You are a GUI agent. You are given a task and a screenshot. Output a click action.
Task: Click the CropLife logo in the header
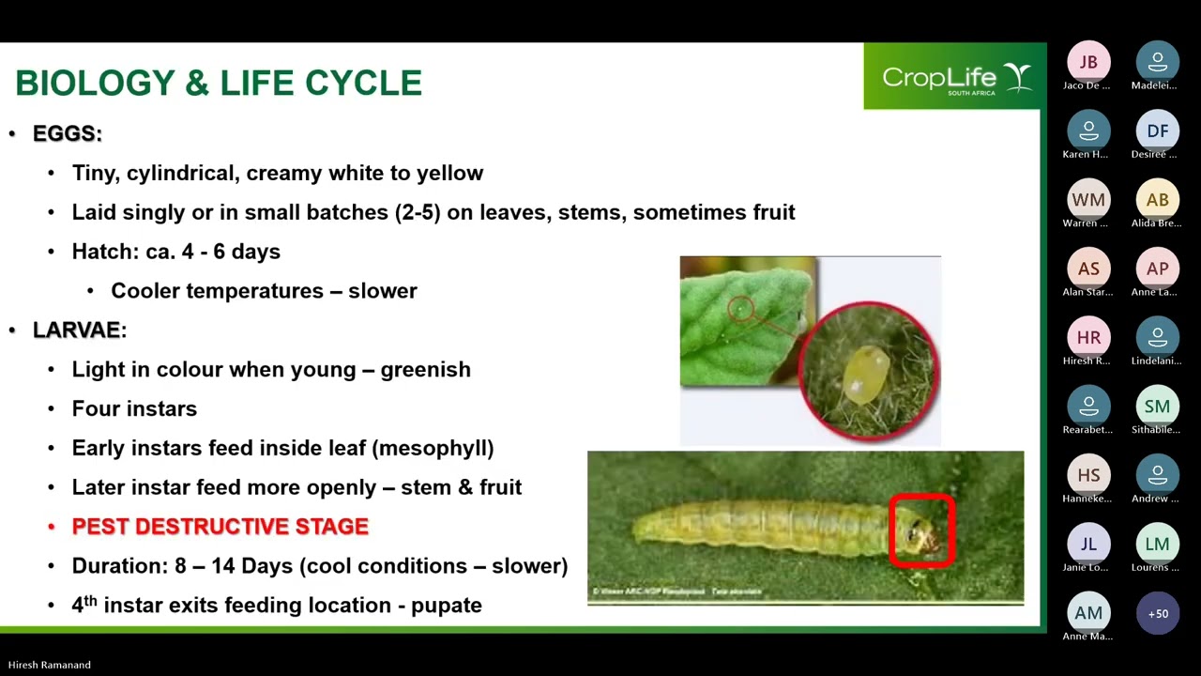(x=955, y=77)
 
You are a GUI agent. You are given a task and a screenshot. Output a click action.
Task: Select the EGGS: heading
(x=68, y=133)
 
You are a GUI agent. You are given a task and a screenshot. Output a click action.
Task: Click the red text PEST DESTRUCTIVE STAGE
(x=220, y=527)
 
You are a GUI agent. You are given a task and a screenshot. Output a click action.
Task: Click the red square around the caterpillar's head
(x=922, y=531)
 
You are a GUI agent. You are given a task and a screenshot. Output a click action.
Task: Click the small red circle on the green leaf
(x=740, y=308)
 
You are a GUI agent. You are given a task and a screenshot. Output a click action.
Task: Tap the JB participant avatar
(x=1088, y=62)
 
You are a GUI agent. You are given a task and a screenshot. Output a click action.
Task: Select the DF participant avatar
(x=1157, y=131)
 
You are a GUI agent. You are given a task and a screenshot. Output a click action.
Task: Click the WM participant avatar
(x=1088, y=200)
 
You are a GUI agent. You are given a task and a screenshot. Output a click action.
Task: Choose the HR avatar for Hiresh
(x=1088, y=338)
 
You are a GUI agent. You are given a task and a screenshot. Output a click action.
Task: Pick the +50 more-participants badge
(x=1157, y=613)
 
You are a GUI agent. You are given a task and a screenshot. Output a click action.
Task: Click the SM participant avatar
(x=1157, y=407)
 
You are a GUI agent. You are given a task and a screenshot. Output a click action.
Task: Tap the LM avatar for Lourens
(x=1157, y=545)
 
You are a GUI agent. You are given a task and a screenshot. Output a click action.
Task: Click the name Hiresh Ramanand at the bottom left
(x=50, y=665)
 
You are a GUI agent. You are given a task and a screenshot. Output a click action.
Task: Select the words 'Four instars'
(x=134, y=408)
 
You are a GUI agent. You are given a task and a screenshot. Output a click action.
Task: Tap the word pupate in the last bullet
(x=446, y=606)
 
